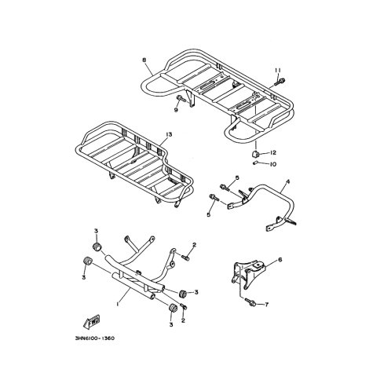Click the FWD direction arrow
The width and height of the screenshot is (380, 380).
point(91,321)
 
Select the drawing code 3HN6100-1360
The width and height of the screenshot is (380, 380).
point(94,338)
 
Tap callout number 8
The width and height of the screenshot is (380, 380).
point(144,60)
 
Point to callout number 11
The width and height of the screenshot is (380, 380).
point(278,70)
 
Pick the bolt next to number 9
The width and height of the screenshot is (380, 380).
point(181,99)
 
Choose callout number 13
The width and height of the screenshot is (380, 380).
point(169,134)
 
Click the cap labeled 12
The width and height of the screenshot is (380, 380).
point(255,154)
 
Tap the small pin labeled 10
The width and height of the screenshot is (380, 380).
point(256,163)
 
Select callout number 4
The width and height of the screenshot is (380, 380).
point(288,181)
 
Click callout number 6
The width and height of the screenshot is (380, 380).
point(280,260)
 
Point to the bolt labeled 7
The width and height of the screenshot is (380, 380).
point(250,302)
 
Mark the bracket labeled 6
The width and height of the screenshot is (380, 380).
point(249,275)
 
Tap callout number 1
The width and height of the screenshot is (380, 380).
point(119,304)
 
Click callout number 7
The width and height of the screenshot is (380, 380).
point(267,305)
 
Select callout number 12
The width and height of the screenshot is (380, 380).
point(273,152)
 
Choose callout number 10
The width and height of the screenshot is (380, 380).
point(273,164)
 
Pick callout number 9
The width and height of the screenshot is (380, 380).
point(176,110)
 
